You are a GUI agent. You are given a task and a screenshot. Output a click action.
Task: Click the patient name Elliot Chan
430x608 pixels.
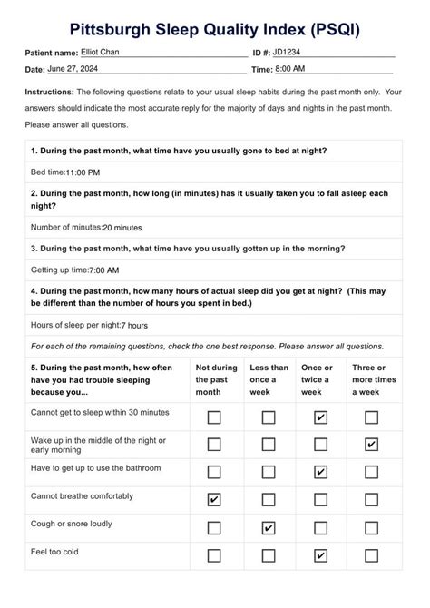(100, 52)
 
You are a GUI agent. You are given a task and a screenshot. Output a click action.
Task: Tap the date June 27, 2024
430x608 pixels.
(79, 69)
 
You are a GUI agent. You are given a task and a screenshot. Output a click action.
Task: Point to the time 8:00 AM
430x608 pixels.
(289, 69)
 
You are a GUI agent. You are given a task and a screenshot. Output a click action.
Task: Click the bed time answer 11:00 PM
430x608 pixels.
(83, 172)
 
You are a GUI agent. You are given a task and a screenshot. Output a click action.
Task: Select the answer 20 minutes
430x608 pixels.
(122, 228)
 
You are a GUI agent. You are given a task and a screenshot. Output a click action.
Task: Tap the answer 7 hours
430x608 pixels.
(133, 325)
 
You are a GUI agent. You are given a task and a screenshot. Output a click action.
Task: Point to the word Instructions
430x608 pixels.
(49, 92)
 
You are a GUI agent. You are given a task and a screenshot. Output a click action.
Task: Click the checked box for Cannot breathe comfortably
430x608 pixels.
(214, 500)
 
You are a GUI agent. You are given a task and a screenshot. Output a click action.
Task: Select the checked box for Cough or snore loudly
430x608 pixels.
(269, 527)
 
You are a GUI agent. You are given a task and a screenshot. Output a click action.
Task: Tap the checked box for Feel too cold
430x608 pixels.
(319, 555)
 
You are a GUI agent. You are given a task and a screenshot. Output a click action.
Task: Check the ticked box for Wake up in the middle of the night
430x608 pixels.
(371, 445)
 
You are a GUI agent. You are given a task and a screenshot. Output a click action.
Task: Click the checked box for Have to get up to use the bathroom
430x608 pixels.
(319, 472)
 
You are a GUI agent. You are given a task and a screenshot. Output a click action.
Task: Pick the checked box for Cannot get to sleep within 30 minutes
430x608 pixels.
(319, 417)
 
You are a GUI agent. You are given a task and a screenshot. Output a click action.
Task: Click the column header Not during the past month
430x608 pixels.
(216, 379)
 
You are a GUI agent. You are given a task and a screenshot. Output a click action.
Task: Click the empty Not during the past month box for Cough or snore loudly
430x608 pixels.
(214, 527)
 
